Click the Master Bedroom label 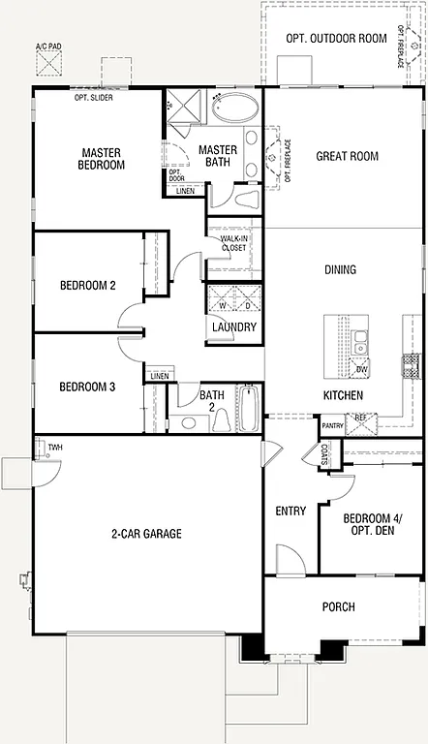click(x=103, y=158)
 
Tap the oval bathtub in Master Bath click(x=235, y=107)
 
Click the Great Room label click(x=347, y=156)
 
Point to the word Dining click(x=340, y=269)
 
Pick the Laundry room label click(x=233, y=327)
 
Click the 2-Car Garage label click(x=145, y=533)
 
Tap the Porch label click(x=338, y=607)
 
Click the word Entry click(x=290, y=511)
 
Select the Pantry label click(x=332, y=425)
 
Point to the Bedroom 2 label click(x=87, y=285)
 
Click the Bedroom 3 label click(x=87, y=387)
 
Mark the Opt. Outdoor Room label click(x=336, y=39)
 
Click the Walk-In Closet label click(x=232, y=242)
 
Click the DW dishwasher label click(x=361, y=370)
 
